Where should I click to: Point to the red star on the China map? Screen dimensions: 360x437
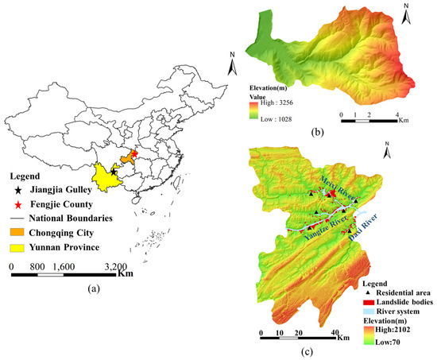pyautogui.click(x=133, y=153)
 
